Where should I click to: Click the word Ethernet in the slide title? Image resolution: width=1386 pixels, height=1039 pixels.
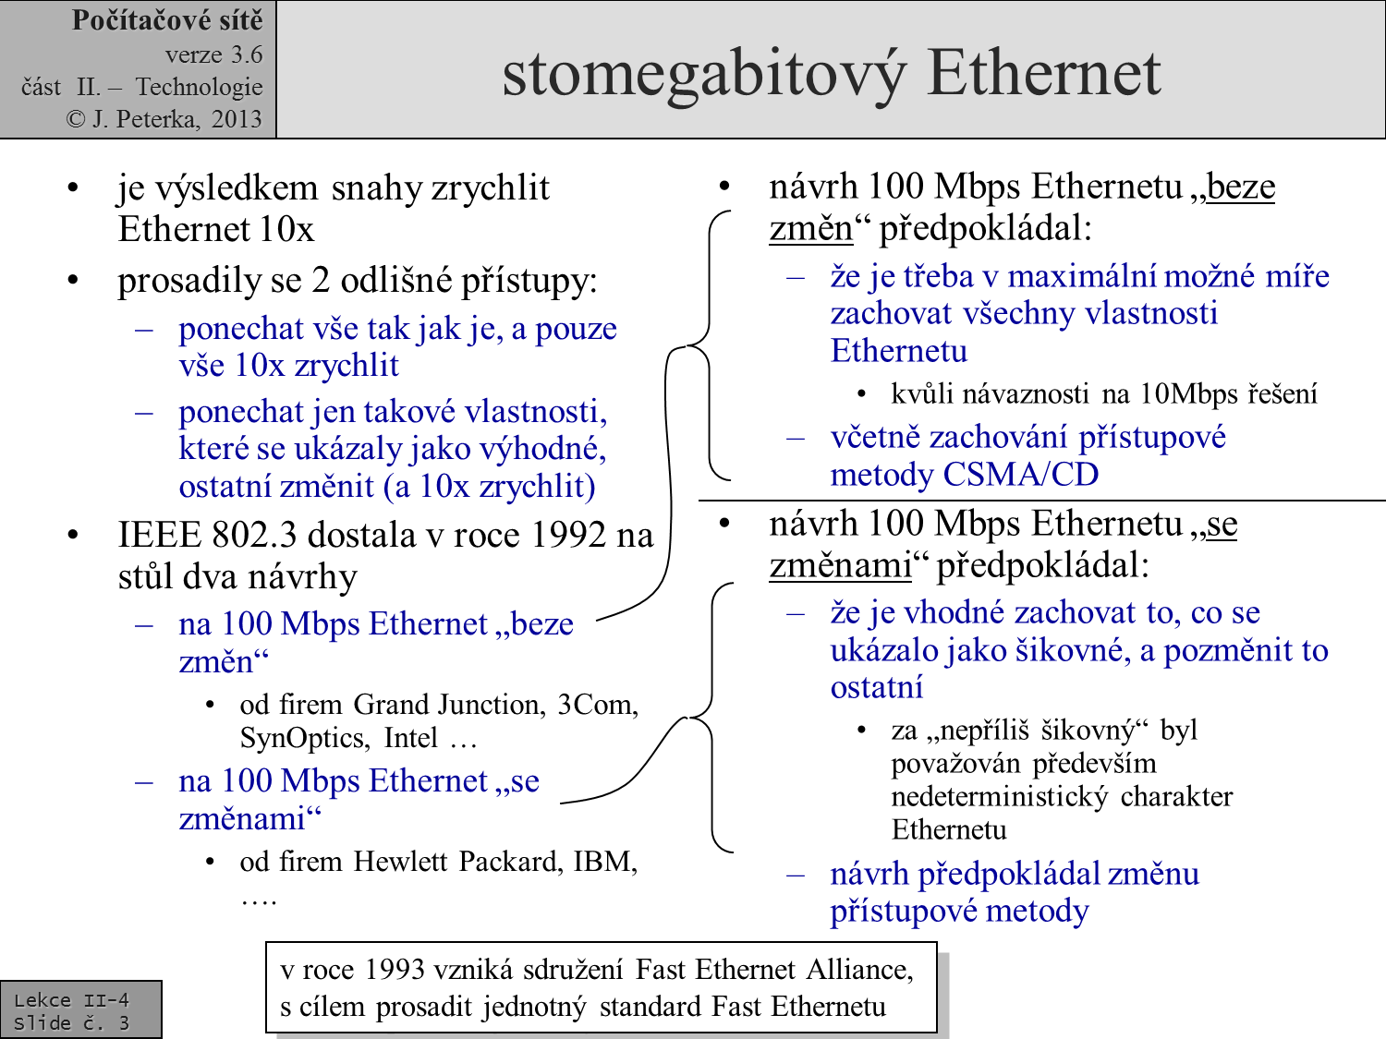[1043, 72]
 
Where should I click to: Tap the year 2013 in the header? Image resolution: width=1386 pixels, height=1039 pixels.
[237, 119]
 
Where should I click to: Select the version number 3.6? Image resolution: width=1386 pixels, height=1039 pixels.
[247, 55]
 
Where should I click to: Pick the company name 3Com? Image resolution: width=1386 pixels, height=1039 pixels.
[597, 705]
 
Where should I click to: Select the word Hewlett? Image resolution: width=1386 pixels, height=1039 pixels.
[401, 862]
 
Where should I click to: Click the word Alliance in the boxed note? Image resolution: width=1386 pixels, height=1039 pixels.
[859, 970]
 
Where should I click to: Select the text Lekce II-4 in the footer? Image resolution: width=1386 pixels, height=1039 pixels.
[71, 999]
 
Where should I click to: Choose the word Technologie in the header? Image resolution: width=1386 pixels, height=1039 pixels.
[199, 87]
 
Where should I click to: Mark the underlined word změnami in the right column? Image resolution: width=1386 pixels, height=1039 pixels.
[840, 564]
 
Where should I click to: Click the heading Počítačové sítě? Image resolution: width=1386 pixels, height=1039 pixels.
[167, 20]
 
